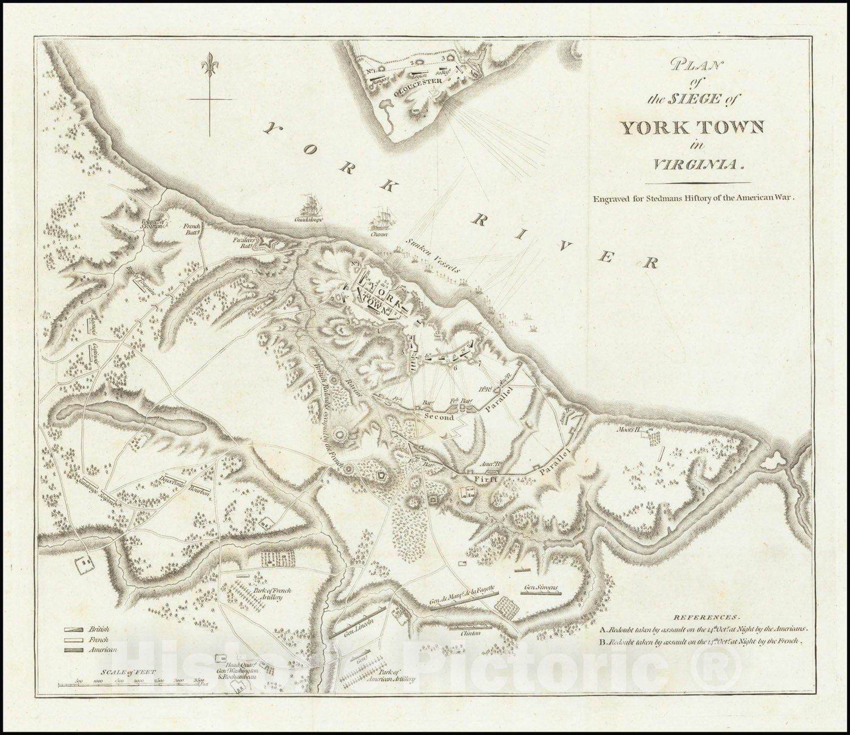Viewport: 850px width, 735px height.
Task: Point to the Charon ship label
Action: tap(379, 233)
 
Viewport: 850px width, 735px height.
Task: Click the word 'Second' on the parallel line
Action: tap(439, 417)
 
